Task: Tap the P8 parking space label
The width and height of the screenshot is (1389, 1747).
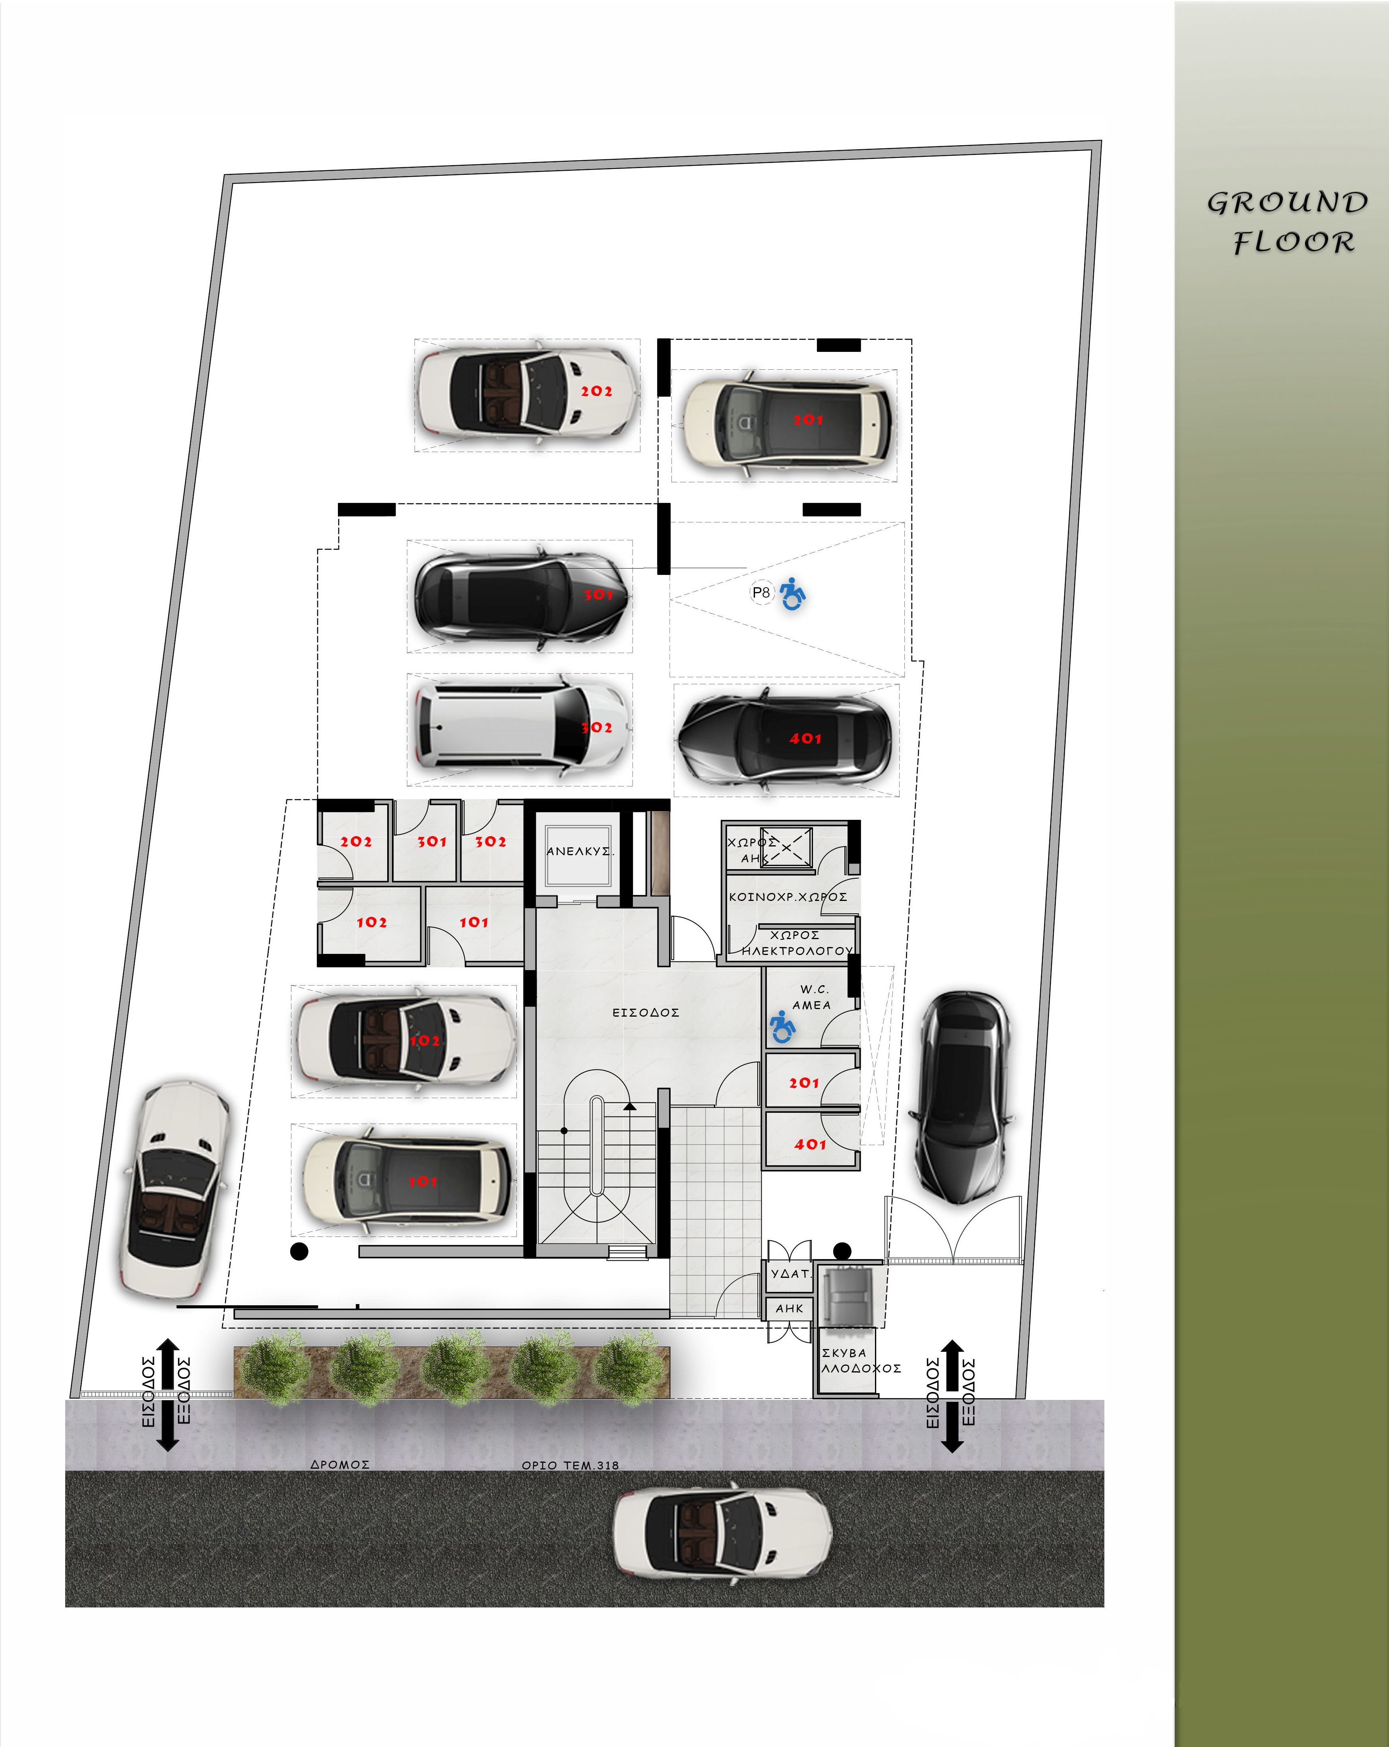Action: [761, 592]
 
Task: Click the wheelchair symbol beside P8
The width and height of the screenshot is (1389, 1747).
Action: [793, 594]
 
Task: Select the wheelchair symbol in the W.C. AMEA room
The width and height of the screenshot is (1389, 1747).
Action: [782, 1027]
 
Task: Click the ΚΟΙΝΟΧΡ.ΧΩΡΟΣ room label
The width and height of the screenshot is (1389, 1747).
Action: [788, 897]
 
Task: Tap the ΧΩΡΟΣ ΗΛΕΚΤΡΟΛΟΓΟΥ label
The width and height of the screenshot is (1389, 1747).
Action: [797, 943]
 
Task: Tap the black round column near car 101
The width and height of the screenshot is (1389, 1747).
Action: [299, 1252]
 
